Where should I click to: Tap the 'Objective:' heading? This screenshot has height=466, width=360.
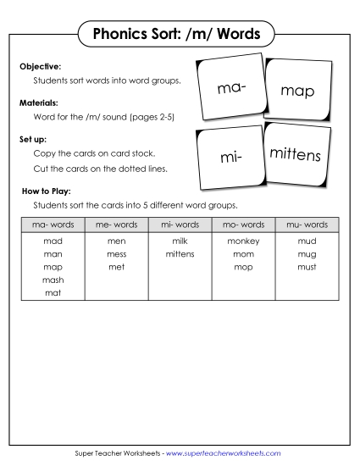[40, 66]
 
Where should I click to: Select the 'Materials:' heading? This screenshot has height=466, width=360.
[39, 102]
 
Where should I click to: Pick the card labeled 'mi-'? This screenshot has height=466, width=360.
[230, 158]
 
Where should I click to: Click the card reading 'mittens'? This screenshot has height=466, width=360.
[295, 155]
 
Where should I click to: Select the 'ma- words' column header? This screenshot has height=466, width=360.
[53, 225]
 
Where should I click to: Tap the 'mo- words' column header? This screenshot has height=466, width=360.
[243, 225]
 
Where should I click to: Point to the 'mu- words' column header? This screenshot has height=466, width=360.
[307, 225]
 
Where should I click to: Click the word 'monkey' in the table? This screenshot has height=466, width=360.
[243, 241]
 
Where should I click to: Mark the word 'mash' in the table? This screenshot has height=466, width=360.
[53, 280]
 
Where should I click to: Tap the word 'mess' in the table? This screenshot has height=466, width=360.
[116, 254]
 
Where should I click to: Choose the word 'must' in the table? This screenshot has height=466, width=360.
[307, 267]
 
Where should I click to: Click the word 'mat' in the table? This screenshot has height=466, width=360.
[53, 292]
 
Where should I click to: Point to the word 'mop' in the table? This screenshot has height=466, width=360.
[243, 267]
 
